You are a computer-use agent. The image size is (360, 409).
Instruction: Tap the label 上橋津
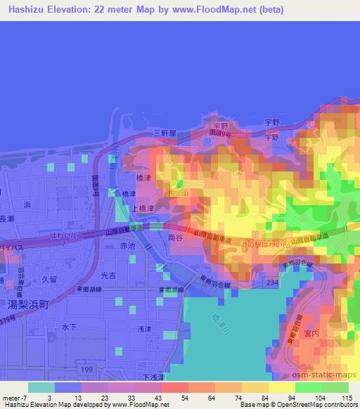tap(140, 209)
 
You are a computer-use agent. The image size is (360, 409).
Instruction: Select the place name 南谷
tap(176, 239)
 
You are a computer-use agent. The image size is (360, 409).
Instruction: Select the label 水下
tap(68, 327)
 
